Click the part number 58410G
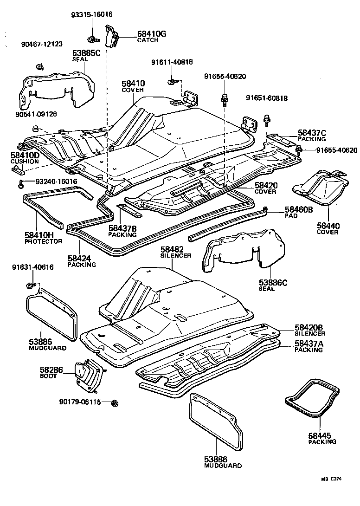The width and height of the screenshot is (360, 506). (x=151, y=34)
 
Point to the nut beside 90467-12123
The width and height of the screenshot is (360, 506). (x=41, y=66)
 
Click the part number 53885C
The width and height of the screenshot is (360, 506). (x=86, y=53)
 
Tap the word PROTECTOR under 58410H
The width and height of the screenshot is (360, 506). (x=43, y=241)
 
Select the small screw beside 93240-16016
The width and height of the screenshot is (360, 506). (x=21, y=184)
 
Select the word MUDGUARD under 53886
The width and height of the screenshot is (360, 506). (x=223, y=465)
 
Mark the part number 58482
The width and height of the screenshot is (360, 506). (x=172, y=249)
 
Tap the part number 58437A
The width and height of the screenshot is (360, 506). (x=309, y=343)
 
